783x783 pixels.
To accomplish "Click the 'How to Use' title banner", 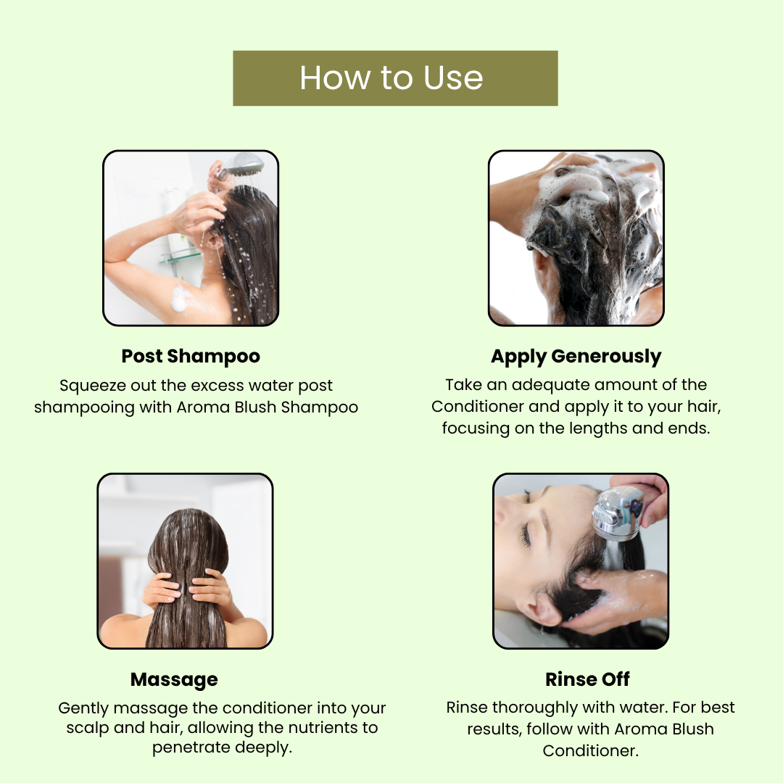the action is pos(395,78).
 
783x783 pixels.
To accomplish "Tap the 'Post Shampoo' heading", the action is pos(191,357).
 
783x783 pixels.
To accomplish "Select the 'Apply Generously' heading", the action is pos(576,357).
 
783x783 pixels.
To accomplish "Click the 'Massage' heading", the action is pos(174,679).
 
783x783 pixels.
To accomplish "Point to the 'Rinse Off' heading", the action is pos(587,679).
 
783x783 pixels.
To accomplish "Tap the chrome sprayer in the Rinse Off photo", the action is pos(618,514).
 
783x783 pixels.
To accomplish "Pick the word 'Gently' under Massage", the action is pos(83,708).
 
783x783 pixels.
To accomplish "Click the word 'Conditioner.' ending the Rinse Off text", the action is pos(591,750).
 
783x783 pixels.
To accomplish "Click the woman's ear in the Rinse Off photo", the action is pos(544,611).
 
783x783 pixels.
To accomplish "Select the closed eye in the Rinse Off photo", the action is pos(526,534).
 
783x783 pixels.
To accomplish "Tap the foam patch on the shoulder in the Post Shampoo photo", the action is pos(180,299).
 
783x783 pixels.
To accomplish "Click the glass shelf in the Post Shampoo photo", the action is pos(179,257).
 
